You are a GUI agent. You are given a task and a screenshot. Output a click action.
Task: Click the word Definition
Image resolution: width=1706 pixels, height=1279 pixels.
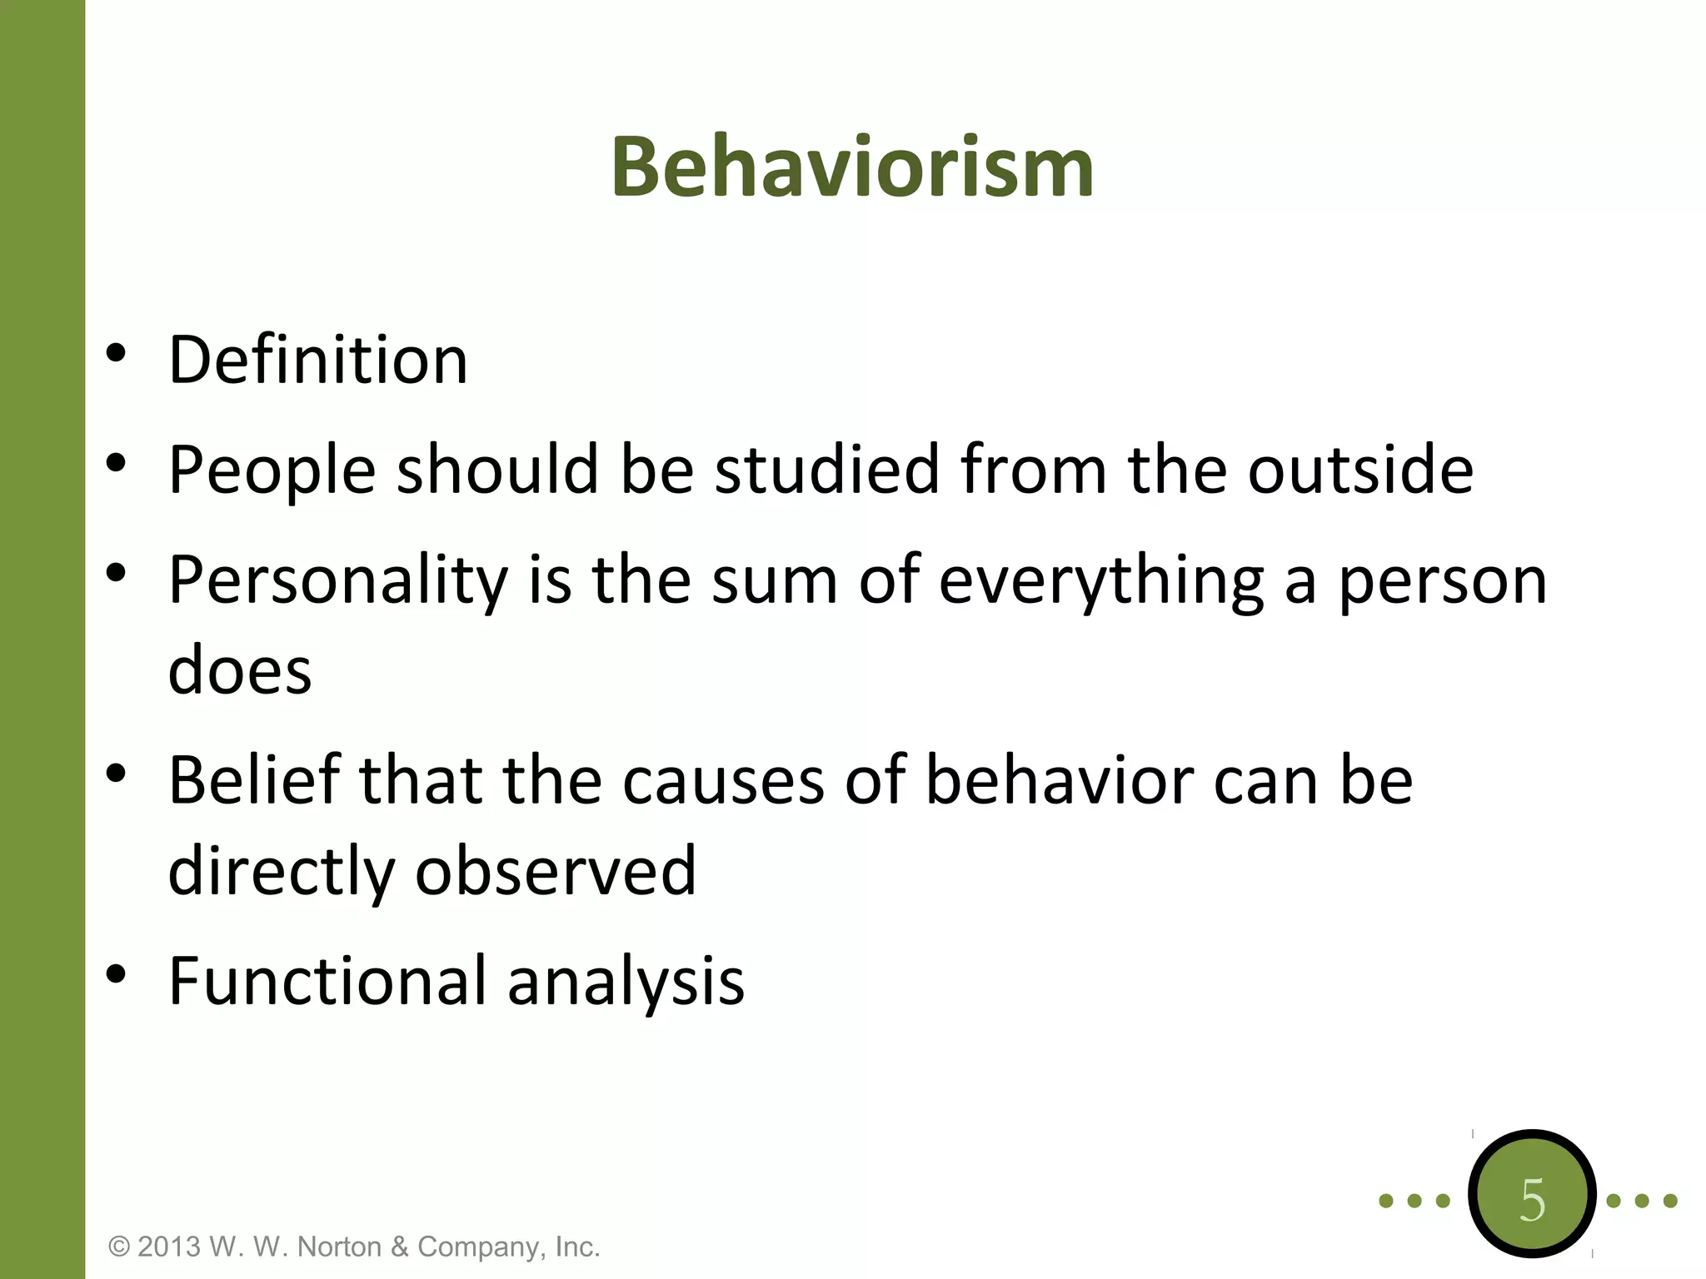point(317,360)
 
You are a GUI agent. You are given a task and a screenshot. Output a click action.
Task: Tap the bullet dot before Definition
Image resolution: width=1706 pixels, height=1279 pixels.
point(116,353)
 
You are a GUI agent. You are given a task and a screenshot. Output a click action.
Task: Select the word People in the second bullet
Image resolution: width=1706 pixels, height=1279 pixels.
point(272,470)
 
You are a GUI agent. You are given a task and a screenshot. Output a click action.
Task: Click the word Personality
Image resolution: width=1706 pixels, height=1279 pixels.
point(337,580)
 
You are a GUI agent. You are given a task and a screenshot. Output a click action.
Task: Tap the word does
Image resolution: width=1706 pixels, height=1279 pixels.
point(240,669)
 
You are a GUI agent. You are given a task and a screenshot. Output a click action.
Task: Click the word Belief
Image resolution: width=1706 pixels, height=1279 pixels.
point(254,780)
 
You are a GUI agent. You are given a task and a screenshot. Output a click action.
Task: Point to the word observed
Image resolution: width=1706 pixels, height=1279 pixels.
point(556,870)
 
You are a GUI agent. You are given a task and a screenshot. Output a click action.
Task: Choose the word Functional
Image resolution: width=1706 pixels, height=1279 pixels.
point(327,981)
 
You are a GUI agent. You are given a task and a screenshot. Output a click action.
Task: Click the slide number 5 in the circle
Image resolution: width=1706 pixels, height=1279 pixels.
point(1532,1201)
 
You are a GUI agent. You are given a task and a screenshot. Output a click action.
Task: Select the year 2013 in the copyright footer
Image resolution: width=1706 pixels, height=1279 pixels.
point(169,1247)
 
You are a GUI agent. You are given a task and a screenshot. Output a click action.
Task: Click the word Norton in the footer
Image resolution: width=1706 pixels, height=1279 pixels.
point(340,1247)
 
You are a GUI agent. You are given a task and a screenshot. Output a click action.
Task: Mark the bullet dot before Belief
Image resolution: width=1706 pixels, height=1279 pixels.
point(116,774)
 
